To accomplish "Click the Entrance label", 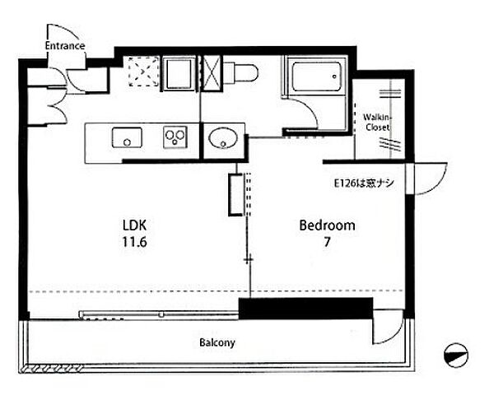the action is coord(65,46).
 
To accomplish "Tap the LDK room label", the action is coord(134,225).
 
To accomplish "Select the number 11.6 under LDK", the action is coord(134,242).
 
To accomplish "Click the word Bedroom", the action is coord(327,225).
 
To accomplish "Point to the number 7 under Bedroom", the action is coord(327,242).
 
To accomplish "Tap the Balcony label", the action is coord(217,343).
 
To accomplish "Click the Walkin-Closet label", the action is coord(377,123).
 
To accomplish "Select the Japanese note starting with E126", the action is coord(364,184).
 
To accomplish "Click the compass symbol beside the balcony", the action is coord(456,355).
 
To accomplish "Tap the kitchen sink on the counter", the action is coord(127,137).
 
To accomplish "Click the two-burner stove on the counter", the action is coord(175,137).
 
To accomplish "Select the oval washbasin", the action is coord(223,138).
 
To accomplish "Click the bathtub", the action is coord(317,77).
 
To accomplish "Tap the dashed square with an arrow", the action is coord(143,72).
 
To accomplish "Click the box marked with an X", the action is coord(211,73).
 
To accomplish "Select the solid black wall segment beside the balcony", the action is coord(306,309).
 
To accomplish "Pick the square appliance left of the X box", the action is coord(179,73).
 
